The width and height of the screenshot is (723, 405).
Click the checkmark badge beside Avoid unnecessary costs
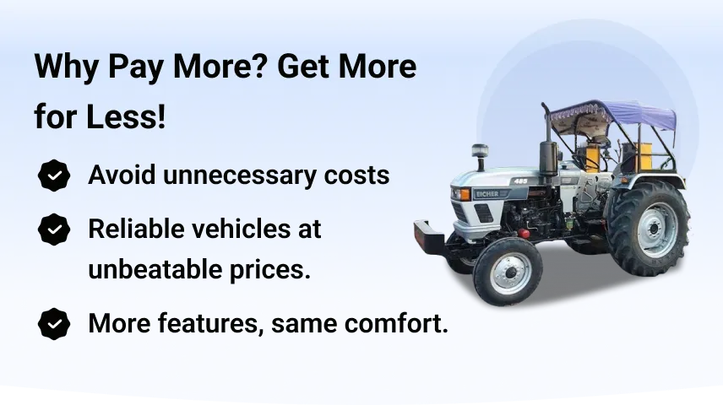pyautogui.click(x=54, y=175)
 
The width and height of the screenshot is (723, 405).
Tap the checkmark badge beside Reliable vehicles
pyautogui.click(x=54, y=229)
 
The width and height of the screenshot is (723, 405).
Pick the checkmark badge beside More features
pyautogui.click(x=54, y=324)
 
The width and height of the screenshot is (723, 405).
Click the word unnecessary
pyautogui.click(x=240, y=176)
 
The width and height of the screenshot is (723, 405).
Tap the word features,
pyautogui.click(x=211, y=323)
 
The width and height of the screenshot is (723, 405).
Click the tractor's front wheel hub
pyautogui.click(x=510, y=273)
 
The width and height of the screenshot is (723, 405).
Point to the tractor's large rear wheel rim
pyautogui.click(x=654, y=229)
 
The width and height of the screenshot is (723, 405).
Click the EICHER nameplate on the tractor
pyautogui.click(x=488, y=194)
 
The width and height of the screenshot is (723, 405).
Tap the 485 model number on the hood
pyautogui.click(x=520, y=181)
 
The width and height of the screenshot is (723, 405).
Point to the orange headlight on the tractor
pyautogui.click(x=464, y=194)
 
